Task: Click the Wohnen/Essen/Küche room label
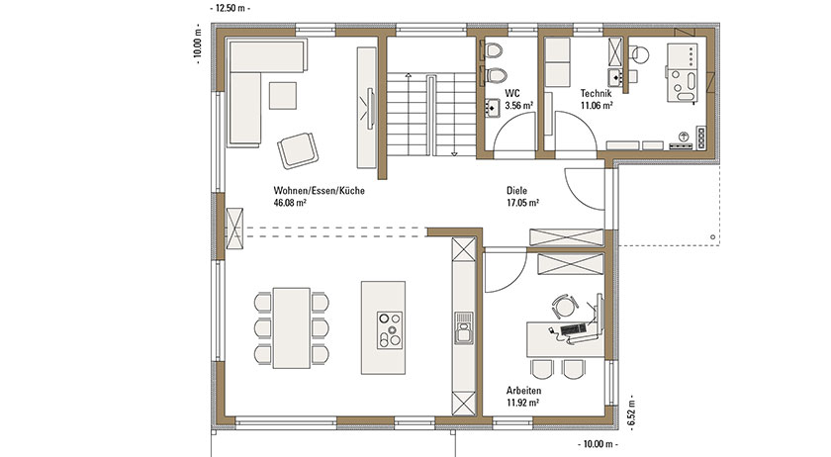pyautogui.click(x=319, y=190)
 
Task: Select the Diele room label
pyautogui.click(x=516, y=190)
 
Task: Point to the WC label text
pyautogui.click(x=512, y=93)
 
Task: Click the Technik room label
pyautogui.click(x=596, y=93)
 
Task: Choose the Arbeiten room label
pyautogui.click(x=523, y=391)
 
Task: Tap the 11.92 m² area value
pyautogui.click(x=522, y=403)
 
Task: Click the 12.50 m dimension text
pyautogui.click(x=231, y=9)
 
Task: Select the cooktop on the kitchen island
pyautogui.click(x=390, y=330)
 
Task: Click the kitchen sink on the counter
pyautogui.click(x=464, y=328)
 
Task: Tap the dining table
pyautogui.click(x=292, y=327)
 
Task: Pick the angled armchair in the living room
pyautogui.click(x=298, y=150)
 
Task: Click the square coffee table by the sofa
pyautogui.click(x=283, y=95)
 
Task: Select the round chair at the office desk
pyautogui.click(x=565, y=306)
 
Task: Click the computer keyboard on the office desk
pyautogui.click(x=573, y=329)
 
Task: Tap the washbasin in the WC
pyautogui.click(x=492, y=108)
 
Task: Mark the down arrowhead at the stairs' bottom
pyautogui.click(x=454, y=153)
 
